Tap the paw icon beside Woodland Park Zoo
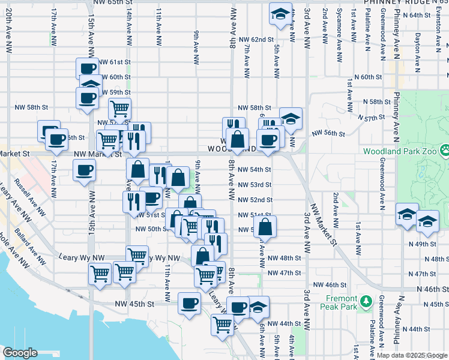click(x=444, y=148)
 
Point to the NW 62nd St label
click(x=256, y=40)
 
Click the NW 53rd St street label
click(x=255, y=185)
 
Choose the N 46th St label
click(x=432, y=289)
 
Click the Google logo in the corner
click(x=20, y=353)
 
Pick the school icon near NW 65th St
click(x=279, y=15)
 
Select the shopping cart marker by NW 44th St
click(x=222, y=324)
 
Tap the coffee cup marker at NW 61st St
click(x=87, y=68)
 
